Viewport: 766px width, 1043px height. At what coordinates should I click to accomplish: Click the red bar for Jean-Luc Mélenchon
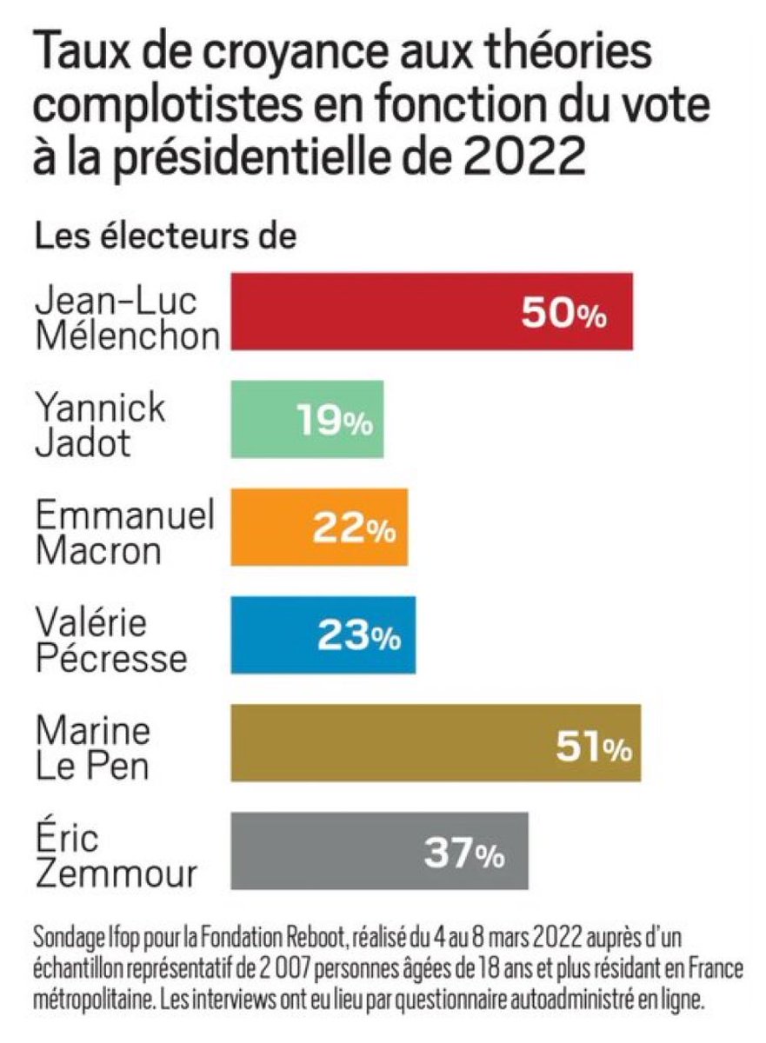tap(374, 312)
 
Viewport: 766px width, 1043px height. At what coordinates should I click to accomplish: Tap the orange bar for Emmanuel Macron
tap(270, 528)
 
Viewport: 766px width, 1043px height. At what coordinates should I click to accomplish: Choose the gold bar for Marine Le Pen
tap(391, 744)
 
